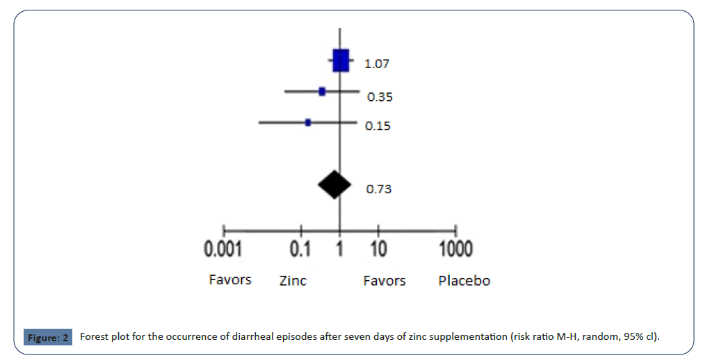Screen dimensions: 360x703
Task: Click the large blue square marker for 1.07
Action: coord(340,61)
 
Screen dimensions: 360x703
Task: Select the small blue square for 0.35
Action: coord(322,91)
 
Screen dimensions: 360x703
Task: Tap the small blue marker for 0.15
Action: coord(308,122)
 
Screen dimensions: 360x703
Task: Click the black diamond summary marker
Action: coord(334,184)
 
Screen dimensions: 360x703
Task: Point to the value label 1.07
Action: coord(377,64)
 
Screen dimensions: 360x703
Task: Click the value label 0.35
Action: coord(380,97)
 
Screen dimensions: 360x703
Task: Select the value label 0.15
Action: coord(378,126)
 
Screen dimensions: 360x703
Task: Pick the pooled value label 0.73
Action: coord(379,188)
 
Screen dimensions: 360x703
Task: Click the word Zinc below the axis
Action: coord(293,281)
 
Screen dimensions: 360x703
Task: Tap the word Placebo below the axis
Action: coord(464,281)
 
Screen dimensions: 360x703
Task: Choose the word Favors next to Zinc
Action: coord(230,280)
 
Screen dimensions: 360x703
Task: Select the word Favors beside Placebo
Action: coord(385,281)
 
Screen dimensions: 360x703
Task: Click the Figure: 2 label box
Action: coord(48,338)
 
